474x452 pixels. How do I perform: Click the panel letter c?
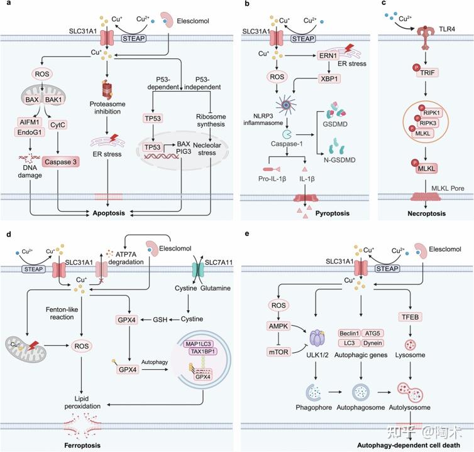click(x=383, y=5)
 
